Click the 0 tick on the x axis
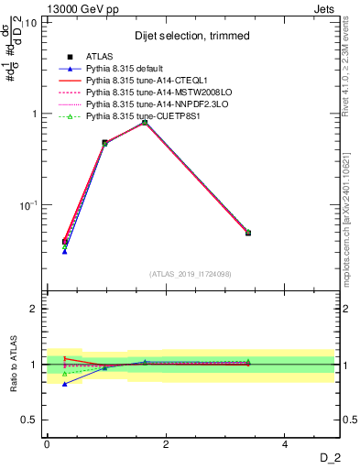47,444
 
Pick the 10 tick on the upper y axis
30,22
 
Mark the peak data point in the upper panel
145,122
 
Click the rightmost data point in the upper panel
248,233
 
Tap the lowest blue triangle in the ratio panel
64,385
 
